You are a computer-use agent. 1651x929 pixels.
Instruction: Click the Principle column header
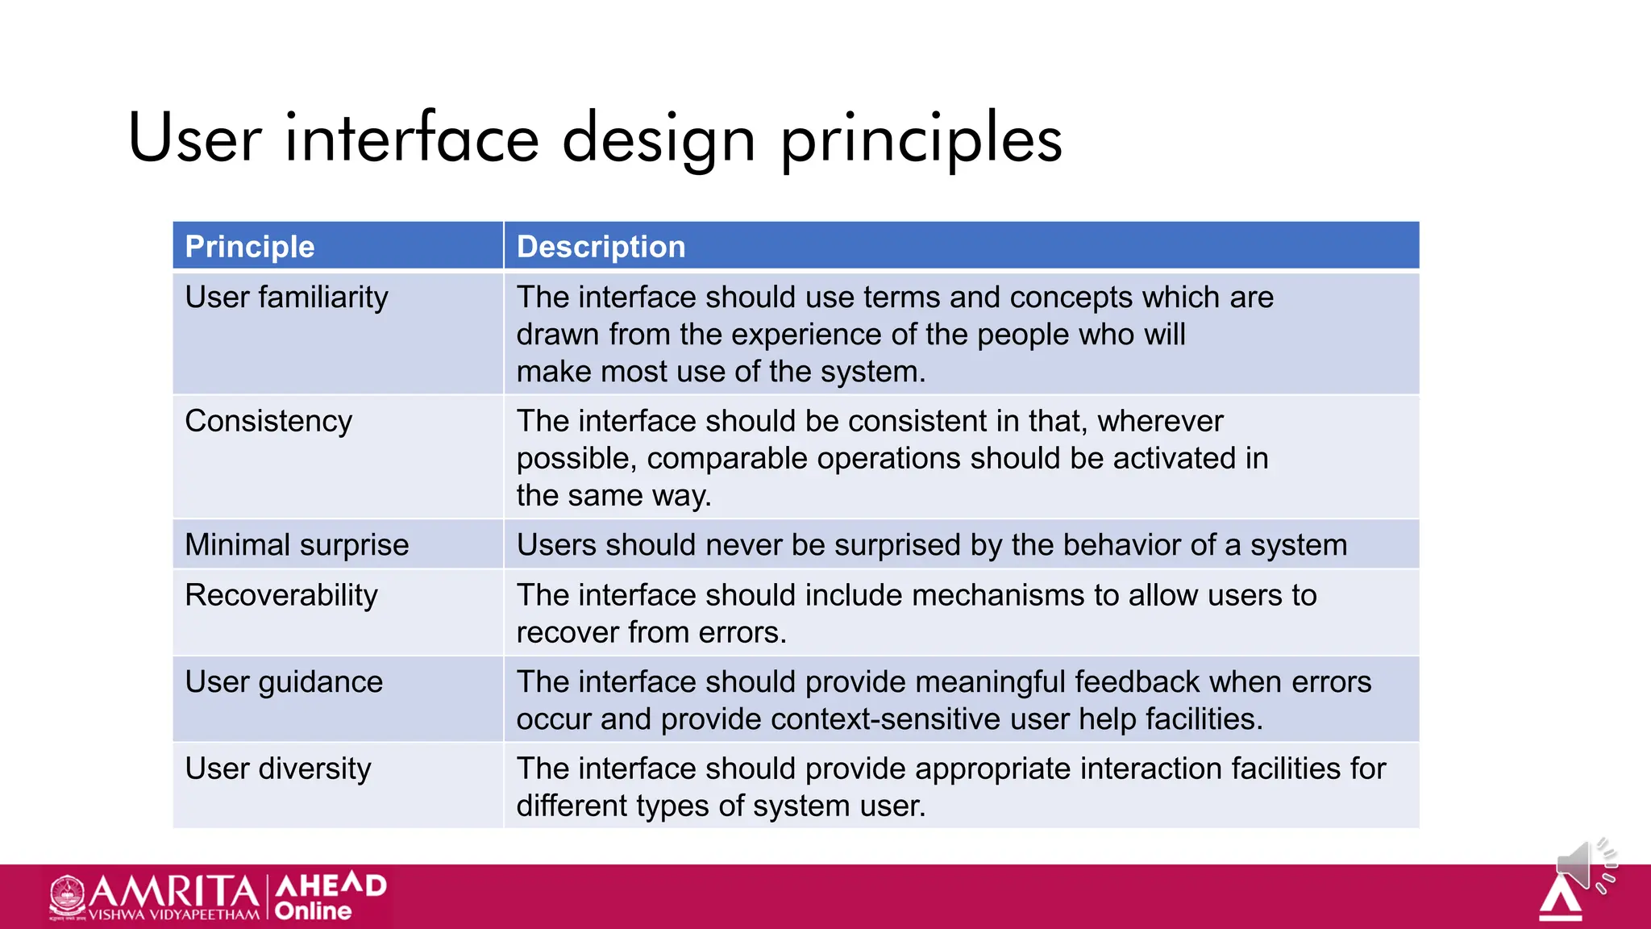[x=250, y=247]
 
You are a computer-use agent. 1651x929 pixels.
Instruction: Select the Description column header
[x=601, y=247]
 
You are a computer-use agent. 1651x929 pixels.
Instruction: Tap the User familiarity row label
[x=286, y=298]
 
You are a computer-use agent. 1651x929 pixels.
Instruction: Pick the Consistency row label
[x=268, y=422]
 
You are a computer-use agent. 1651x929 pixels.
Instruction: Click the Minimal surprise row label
[x=297, y=545]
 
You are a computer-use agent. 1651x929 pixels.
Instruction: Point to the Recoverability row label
[x=281, y=595]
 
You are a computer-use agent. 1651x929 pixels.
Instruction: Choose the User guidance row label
[x=284, y=682]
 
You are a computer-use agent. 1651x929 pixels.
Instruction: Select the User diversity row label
[x=278, y=769]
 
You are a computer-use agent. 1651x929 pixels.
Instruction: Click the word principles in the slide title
[x=921, y=139]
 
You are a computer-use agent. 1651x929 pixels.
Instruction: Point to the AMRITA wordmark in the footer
[x=174, y=892]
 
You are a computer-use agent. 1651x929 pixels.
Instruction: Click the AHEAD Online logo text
[x=331, y=897]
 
